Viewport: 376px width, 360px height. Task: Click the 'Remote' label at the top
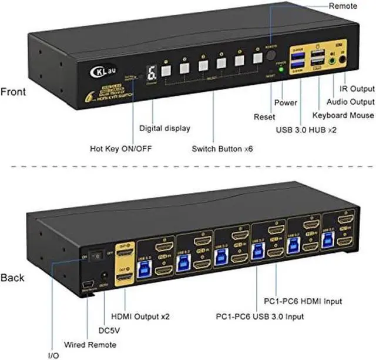coord(343,6)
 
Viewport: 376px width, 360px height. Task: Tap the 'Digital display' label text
coord(164,128)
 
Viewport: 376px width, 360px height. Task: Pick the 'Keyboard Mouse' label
coord(342,115)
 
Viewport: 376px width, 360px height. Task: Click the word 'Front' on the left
coord(13,92)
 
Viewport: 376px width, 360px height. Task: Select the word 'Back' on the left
coord(12,277)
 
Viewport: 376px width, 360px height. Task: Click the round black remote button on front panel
coord(272,55)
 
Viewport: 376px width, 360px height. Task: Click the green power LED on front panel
coord(281,69)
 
